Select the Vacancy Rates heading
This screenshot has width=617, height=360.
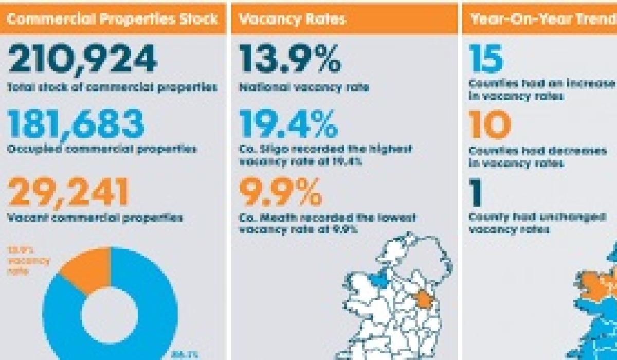[x=293, y=20]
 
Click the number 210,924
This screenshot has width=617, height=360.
[x=82, y=59]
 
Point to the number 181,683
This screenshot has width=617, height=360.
[x=77, y=125]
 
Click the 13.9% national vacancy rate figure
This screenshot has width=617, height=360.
[x=290, y=59]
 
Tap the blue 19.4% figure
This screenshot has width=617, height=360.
[x=289, y=125]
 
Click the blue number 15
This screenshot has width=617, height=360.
[x=486, y=59]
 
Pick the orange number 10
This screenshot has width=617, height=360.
[x=489, y=125]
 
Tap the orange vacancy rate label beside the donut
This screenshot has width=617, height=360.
[x=28, y=260]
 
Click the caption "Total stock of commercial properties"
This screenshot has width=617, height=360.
[x=112, y=87]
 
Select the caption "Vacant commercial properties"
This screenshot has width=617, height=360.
[x=95, y=218]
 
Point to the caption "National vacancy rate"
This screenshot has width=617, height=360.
[x=304, y=87]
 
